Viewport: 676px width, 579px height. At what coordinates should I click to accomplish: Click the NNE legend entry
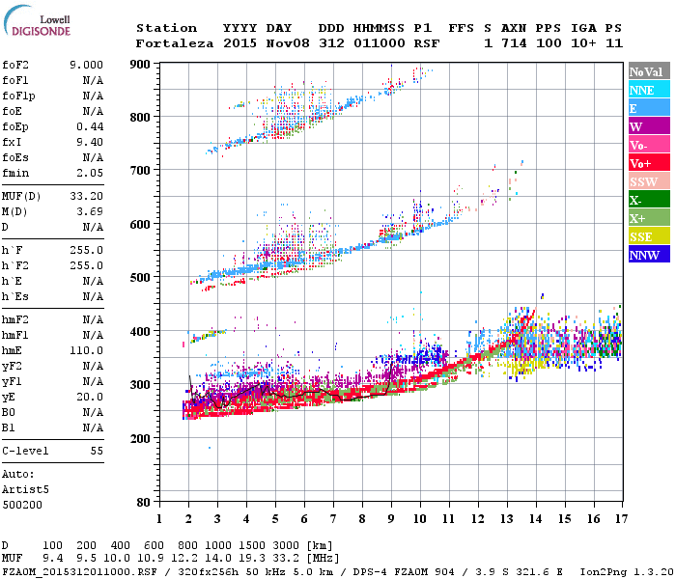point(642,90)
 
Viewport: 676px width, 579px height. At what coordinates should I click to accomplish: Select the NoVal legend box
point(645,71)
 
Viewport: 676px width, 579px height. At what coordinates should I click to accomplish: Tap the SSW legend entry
point(643,181)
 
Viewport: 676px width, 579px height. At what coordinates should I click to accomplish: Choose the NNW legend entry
point(644,255)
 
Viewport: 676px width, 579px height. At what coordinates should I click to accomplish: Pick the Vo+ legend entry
point(641,163)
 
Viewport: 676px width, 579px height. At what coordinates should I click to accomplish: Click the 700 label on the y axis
point(141,171)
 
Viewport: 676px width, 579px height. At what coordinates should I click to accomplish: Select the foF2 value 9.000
point(86,65)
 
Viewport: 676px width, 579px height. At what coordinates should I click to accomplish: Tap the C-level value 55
point(97,451)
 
